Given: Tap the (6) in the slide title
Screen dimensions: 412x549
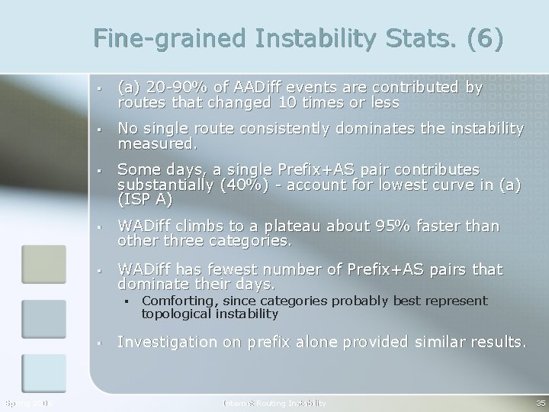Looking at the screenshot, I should [x=482, y=39].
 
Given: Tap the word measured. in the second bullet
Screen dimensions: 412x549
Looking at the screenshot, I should [x=157, y=142].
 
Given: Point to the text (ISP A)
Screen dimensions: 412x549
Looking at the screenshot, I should [x=145, y=199].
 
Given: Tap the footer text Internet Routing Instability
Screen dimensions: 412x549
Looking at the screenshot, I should [x=274, y=402].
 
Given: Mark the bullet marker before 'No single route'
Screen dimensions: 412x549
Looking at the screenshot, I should [x=99, y=129].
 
